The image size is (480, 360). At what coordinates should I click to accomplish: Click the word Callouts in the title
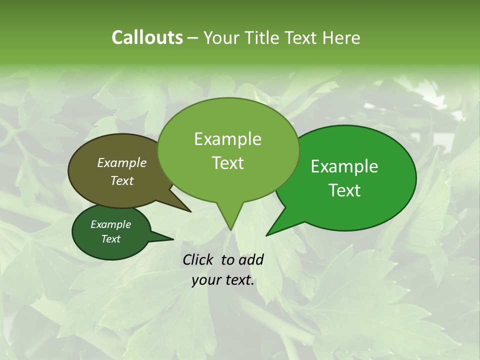point(147,37)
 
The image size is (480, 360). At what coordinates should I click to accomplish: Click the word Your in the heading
point(223,37)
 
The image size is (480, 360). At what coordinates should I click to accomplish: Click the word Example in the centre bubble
point(227,139)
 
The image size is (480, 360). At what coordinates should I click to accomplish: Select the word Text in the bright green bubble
point(344,190)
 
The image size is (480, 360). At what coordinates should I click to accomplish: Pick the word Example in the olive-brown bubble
point(122,162)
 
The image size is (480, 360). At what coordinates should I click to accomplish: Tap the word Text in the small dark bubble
point(111,239)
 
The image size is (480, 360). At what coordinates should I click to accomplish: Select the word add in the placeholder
point(251,259)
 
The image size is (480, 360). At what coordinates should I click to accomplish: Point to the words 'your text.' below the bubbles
point(223,280)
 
